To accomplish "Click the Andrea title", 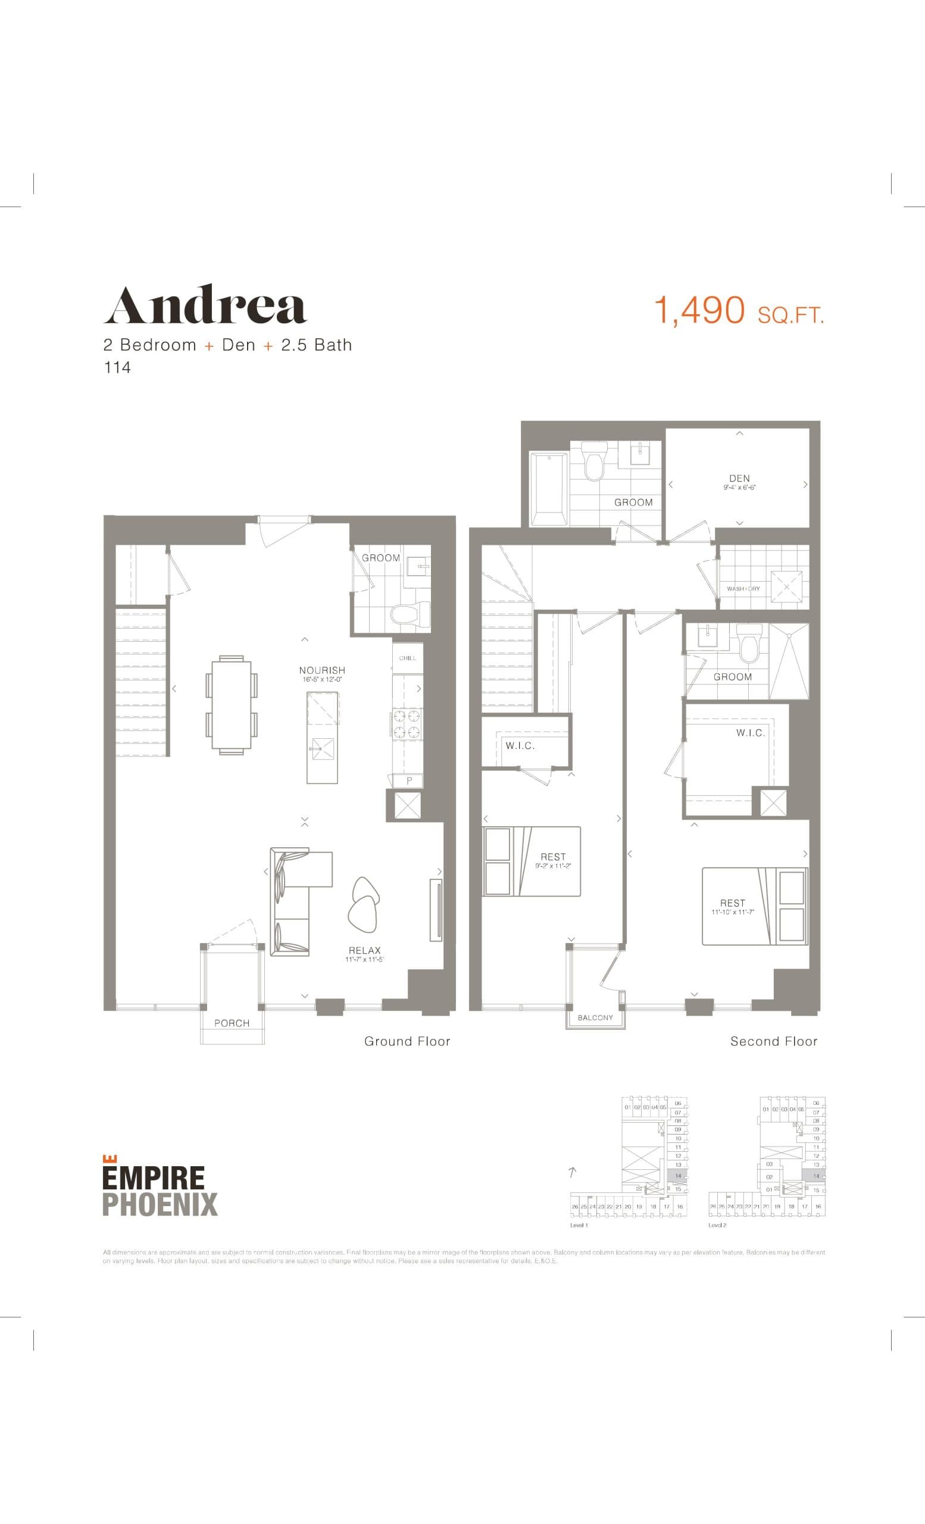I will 205,305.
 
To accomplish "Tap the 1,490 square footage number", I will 699,310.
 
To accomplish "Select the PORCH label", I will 232,1023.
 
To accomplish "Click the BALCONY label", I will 595,1017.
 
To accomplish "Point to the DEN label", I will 739,478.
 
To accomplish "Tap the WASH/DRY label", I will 743,588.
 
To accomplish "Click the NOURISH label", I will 322,670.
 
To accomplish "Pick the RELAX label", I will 365,951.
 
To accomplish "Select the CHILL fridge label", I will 408,658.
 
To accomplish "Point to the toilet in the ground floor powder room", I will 411,615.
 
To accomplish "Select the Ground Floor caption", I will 407,1042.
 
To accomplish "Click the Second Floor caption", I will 774,1042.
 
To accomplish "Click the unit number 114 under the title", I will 117,367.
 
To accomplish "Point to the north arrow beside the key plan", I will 573,1171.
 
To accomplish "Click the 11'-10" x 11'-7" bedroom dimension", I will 733,912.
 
